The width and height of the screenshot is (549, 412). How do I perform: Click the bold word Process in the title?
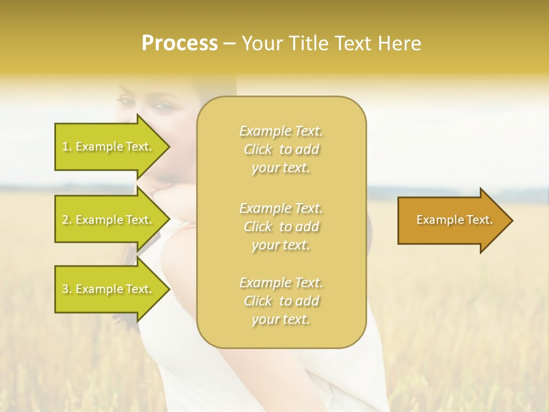(x=180, y=43)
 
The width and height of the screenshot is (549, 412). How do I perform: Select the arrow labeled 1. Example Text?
(x=109, y=146)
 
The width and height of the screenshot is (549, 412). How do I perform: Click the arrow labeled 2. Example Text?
(x=109, y=220)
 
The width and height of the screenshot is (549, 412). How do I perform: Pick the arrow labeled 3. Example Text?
(x=109, y=289)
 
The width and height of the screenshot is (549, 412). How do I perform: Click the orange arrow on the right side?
(x=452, y=220)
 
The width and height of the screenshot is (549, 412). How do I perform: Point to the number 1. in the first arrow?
(x=67, y=146)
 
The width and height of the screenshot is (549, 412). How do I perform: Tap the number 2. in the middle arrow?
(x=67, y=220)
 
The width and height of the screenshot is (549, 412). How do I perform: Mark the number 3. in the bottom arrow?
(x=67, y=289)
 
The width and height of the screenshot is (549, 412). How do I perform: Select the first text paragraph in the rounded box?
(x=281, y=149)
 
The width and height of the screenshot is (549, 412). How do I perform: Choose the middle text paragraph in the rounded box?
(x=281, y=227)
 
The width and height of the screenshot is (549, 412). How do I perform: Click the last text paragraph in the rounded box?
(x=281, y=301)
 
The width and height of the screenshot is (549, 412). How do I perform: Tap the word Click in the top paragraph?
(x=258, y=150)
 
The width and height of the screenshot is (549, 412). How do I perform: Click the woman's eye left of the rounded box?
(x=125, y=101)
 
